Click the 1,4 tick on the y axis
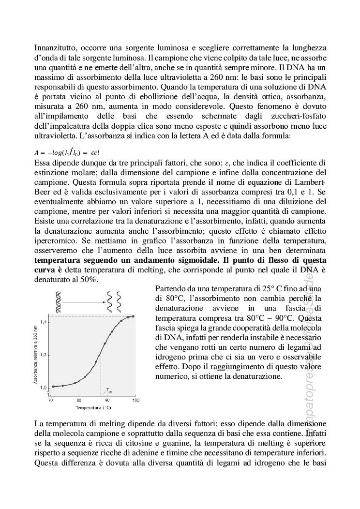(x=44, y=322)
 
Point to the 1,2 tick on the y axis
(x=44, y=355)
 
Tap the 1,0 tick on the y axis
(x=44, y=388)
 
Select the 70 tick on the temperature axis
(x=50, y=400)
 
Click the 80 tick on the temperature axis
(x=79, y=400)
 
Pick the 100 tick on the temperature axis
(x=135, y=400)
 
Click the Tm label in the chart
(x=108, y=391)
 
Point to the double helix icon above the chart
(x=59, y=303)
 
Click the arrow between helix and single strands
(x=85, y=303)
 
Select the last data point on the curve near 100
(x=133, y=316)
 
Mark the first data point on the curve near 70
(x=53, y=386)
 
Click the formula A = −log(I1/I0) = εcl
(x=67, y=151)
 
